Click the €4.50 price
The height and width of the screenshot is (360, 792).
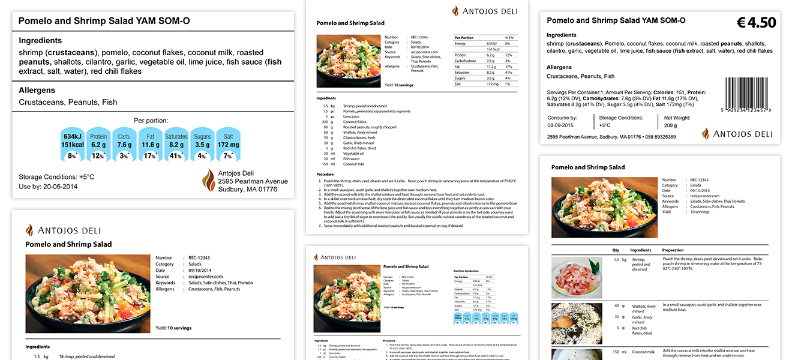[x=756, y=23]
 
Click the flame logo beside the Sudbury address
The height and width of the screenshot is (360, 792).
[x=208, y=181]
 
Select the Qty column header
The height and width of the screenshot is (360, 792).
[x=616, y=250]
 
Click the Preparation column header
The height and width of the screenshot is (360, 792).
[x=673, y=250]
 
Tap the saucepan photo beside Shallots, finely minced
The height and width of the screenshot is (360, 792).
[x=577, y=323]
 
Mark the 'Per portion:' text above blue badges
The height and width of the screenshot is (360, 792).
[x=151, y=121]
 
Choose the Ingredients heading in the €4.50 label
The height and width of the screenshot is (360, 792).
[x=561, y=35]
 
